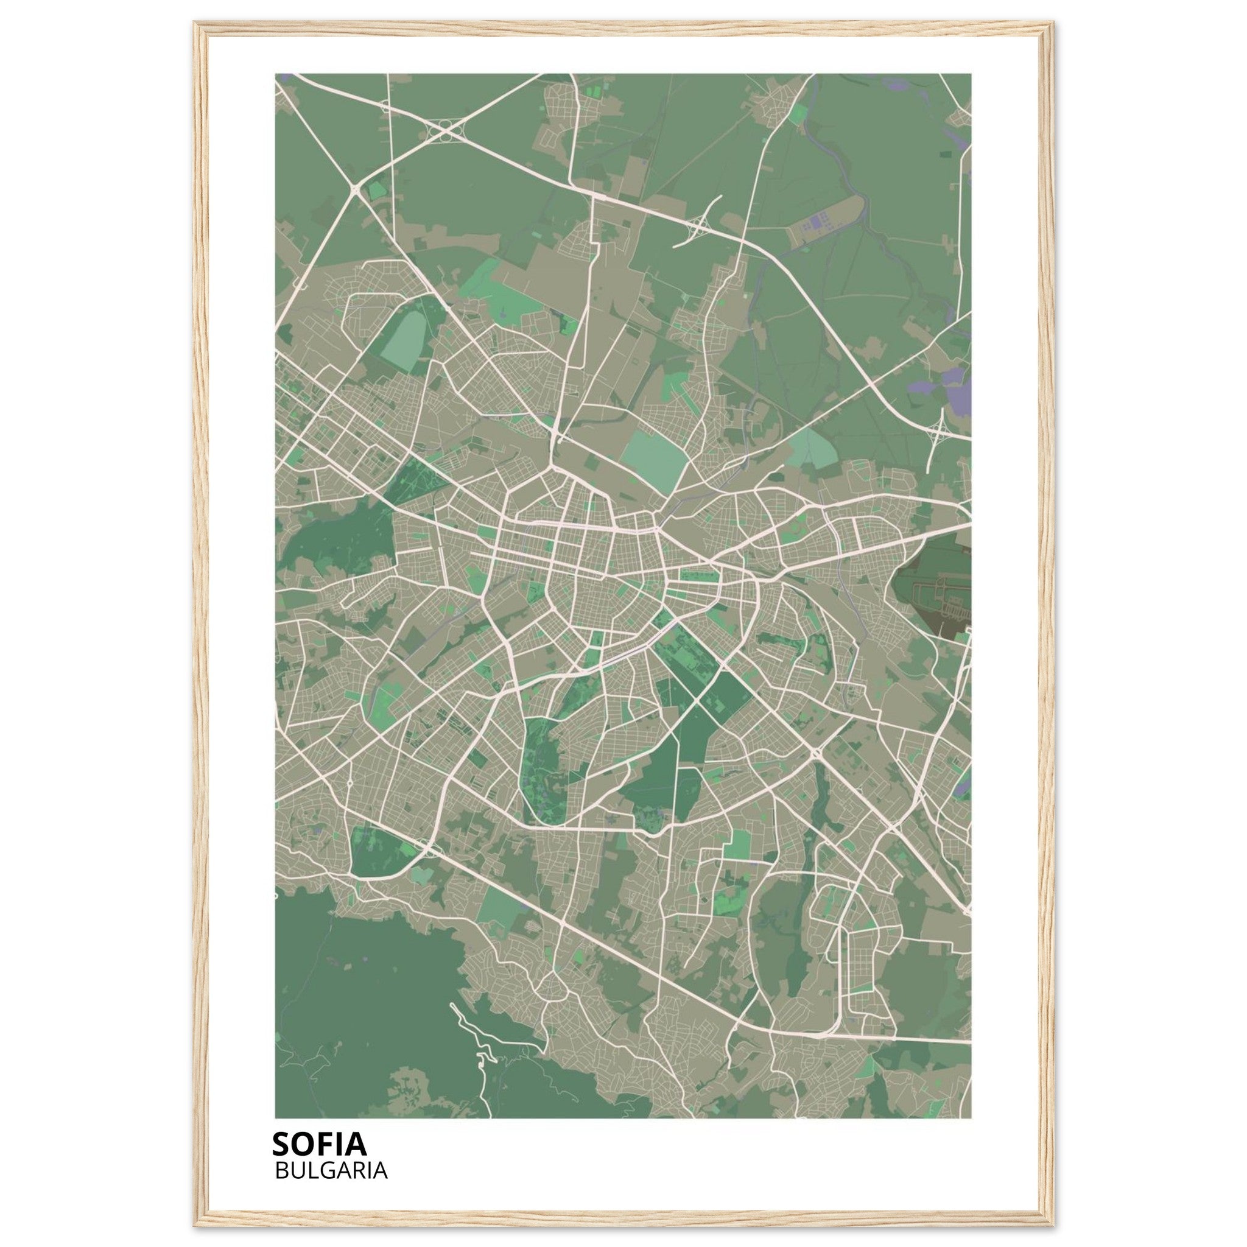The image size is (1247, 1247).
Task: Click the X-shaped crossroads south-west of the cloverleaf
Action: point(356,189)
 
